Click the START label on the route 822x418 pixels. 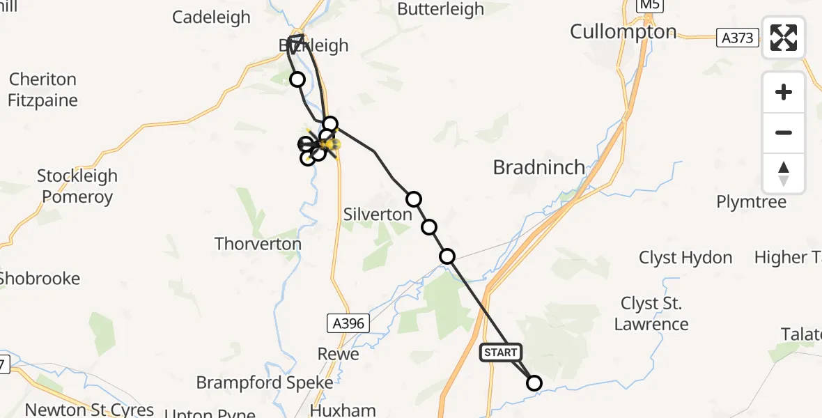point(500,353)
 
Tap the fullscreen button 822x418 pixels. point(784,38)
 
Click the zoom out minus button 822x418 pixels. point(784,132)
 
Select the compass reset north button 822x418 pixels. point(784,173)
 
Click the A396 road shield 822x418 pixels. point(348,323)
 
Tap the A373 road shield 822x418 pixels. point(738,38)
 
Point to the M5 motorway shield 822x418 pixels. point(651,6)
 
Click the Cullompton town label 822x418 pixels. point(623,31)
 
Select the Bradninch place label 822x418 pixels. point(539,167)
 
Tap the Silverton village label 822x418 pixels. point(378,215)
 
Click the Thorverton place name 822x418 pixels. point(258,244)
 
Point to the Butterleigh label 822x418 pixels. point(440,9)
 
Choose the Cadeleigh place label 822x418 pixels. point(211,17)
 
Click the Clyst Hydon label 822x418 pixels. point(685,258)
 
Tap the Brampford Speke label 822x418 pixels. point(265,382)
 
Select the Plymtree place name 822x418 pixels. point(752,202)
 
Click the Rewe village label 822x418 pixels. point(339,354)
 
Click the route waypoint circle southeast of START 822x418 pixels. point(534,383)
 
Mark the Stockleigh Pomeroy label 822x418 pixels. point(77,186)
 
